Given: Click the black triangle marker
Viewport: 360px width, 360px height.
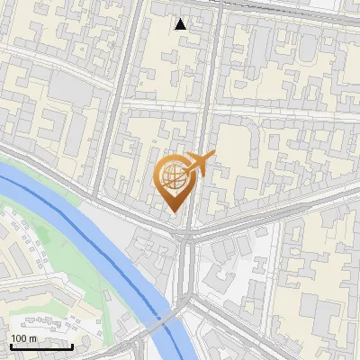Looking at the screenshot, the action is coord(181,24).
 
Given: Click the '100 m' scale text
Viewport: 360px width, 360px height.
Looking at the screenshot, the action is coord(23,337).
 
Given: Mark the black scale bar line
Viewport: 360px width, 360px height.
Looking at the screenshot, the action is coord(41,346).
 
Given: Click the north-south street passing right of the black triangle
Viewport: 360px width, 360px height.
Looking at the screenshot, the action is coord(210,54).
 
